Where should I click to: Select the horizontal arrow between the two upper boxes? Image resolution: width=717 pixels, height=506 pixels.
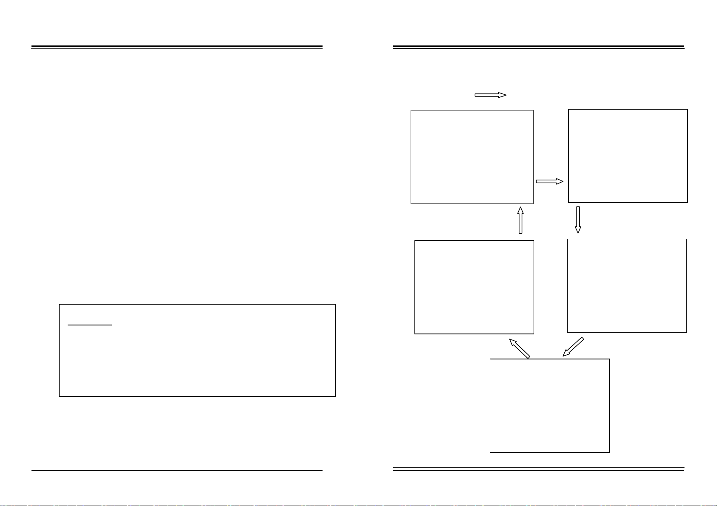[549, 181]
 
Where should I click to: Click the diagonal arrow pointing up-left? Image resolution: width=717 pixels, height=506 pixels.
[520, 349]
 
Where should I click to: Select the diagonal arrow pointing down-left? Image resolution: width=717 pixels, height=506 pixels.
[574, 347]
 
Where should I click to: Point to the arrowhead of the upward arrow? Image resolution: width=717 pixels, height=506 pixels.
[520, 210]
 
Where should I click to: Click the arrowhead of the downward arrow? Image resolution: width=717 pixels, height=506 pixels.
[578, 230]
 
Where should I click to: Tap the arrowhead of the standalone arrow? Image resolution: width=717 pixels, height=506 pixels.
[503, 95]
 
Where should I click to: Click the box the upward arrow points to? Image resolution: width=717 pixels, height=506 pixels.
[471, 157]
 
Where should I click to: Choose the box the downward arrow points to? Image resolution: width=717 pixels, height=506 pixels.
[627, 286]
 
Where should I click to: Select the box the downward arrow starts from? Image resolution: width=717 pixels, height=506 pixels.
[628, 156]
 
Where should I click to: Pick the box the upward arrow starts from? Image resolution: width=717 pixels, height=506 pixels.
[474, 287]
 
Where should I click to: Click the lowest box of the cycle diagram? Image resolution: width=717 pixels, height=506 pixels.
[549, 405]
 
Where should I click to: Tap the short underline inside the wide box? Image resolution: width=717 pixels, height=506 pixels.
[90, 325]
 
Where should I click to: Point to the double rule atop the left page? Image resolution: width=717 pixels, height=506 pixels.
[177, 47]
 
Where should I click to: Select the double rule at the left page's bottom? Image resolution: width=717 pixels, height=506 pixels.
[177, 469]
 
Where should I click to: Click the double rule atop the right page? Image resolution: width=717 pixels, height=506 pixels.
[538, 47]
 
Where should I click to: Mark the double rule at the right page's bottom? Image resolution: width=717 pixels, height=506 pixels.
[538, 469]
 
